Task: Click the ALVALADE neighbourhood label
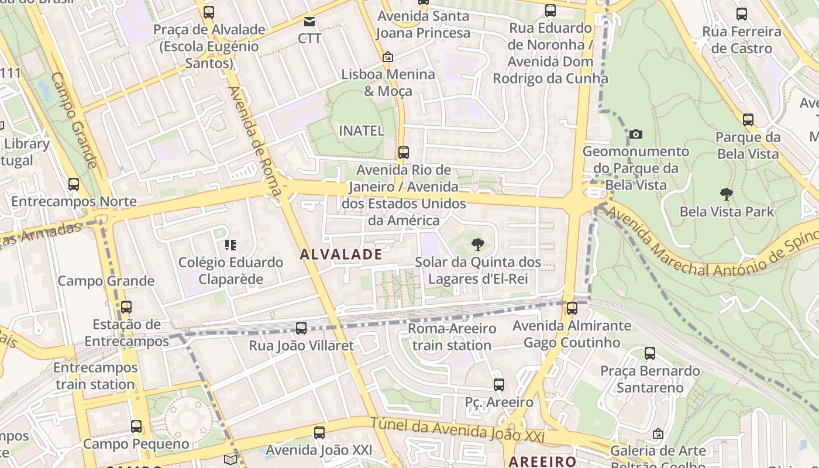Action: (x=341, y=254)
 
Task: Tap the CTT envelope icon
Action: (x=309, y=22)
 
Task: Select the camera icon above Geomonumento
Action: (x=636, y=134)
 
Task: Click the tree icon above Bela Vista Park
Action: (x=727, y=194)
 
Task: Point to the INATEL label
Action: (x=362, y=130)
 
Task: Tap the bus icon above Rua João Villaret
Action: (x=301, y=328)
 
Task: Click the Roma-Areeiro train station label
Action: (x=452, y=336)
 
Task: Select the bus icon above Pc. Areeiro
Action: (x=498, y=384)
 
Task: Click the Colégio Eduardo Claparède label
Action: (x=230, y=270)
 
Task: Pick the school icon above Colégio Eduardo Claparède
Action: (x=230, y=245)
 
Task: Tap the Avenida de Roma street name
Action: (x=255, y=140)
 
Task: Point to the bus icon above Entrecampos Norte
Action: (x=74, y=184)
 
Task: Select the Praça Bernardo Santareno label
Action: (x=650, y=379)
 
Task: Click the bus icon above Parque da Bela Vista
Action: (x=748, y=120)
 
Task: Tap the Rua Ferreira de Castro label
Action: (x=741, y=40)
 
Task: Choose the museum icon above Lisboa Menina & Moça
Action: (x=387, y=57)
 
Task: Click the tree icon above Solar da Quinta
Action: (x=478, y=244)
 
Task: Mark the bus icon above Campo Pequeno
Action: (x=136, y=426)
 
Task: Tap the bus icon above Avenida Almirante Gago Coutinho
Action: (x=572, y=308)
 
